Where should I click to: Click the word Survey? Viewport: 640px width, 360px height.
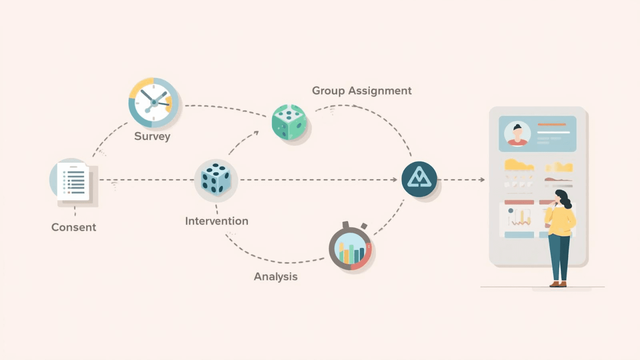[152, 136]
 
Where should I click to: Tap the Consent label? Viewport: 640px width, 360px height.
[74, 227]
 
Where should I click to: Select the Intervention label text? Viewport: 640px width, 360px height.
[216, 221]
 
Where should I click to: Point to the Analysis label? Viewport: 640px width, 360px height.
[276, 276]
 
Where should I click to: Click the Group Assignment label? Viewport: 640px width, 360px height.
[362, 91]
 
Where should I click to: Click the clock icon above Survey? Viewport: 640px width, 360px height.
[154, 103]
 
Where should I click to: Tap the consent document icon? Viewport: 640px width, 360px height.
[73, 182]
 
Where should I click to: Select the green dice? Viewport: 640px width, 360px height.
[289, 122]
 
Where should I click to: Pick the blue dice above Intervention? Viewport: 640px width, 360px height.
[216, 178]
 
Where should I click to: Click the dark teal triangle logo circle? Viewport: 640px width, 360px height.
[419, 179]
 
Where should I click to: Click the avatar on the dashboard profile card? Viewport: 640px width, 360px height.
[517, 134]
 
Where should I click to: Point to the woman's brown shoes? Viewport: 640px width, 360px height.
[558, 284]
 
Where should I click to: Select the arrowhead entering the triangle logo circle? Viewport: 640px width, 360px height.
[395, 180]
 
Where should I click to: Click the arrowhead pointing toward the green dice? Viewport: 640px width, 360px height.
[256, 132]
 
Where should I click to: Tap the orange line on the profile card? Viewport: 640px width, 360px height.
[552, 125]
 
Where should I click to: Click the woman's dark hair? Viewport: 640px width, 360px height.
[564, 198]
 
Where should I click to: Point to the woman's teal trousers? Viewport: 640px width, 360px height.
[559, 256]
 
